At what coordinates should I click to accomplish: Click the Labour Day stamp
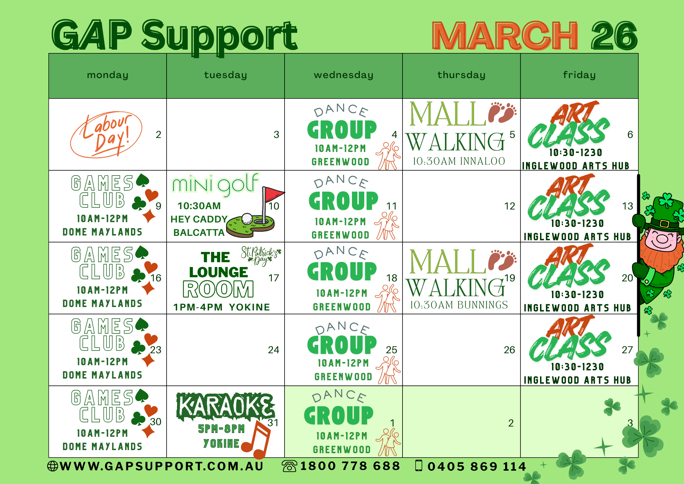point(106,135)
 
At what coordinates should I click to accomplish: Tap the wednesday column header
point(343,75)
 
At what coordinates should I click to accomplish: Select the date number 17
point(274,278)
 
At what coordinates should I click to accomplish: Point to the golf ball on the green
point(247,218)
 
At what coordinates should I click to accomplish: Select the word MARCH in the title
point(505,36)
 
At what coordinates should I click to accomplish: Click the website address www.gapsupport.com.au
point(161,466)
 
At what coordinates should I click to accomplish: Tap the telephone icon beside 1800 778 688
point(289,466)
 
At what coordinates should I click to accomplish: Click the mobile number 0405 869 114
point(476,467)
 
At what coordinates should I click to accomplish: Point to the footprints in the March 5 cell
point(502,112)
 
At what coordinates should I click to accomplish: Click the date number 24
point(274,350)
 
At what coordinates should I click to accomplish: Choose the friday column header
point(579,75)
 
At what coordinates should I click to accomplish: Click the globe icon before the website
point(53,466)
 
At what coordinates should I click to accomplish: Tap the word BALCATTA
point(199,233)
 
